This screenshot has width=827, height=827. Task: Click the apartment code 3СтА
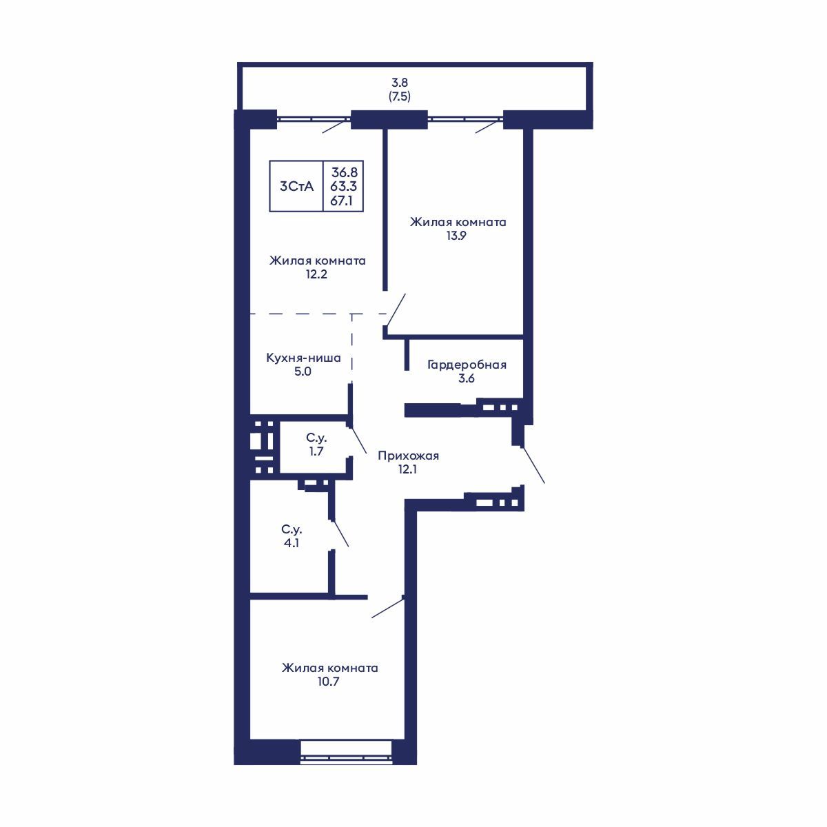point(296,186)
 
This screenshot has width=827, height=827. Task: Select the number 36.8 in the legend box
point(343,172)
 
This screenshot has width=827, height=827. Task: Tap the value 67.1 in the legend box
point(343,200)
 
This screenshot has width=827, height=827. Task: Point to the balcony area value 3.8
point(400,82)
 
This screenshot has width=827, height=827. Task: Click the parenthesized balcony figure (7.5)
point(400,96)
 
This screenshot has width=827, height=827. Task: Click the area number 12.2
point(317,274)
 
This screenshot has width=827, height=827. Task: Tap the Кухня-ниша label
point(304,358)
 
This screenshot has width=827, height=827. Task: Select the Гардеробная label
point(467,365)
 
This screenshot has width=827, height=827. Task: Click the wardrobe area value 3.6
point(467,378)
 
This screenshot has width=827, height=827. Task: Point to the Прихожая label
point(408,456)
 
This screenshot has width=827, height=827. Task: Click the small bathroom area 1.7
point(316,451)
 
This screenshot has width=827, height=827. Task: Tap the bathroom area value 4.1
point(291,543)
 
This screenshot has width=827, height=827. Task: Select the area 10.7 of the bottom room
point(329,682)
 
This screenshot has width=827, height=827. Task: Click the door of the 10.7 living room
point(387,608)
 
